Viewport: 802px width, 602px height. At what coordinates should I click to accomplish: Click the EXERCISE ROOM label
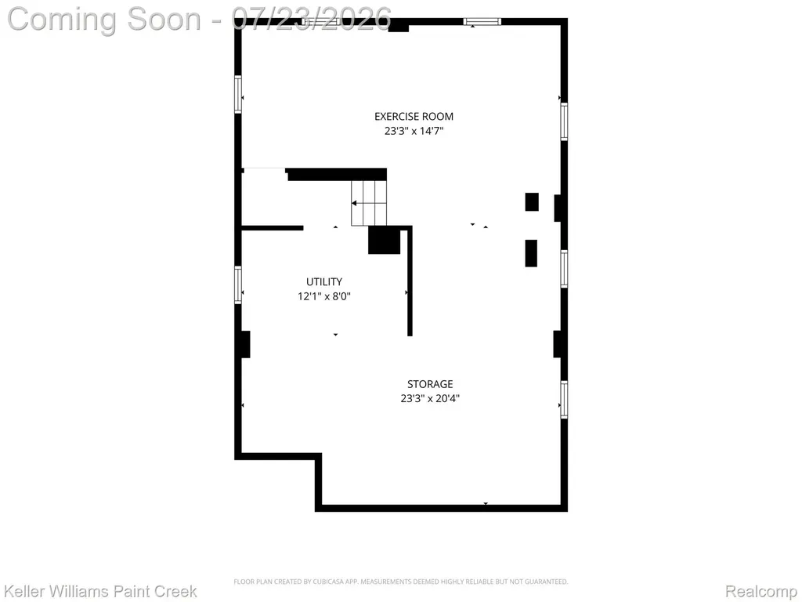414,117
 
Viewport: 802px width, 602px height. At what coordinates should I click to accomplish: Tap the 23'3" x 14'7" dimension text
414,131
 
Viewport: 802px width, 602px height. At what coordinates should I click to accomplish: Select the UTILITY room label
324,281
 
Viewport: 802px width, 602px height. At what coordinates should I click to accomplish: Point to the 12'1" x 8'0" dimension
324,296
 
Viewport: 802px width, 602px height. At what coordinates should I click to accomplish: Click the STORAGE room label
430,384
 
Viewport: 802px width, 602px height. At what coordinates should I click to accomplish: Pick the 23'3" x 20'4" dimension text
430,398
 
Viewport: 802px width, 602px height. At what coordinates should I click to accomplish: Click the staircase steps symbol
369,203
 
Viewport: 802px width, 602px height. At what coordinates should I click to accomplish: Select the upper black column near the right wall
532,201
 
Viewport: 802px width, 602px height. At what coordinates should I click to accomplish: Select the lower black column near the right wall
532,253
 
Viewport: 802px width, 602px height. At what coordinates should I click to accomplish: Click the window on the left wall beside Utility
238,285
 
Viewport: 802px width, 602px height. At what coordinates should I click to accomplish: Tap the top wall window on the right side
482,21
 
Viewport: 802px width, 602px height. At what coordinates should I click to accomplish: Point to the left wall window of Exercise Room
238,94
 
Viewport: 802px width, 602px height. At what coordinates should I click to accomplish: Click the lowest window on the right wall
564,400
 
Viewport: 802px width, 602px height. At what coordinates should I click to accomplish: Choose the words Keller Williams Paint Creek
100,591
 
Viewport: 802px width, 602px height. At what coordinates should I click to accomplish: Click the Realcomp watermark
761,591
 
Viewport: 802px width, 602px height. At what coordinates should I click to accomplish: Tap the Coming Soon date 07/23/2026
312,19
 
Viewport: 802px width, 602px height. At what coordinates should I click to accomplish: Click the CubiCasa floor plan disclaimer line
401,582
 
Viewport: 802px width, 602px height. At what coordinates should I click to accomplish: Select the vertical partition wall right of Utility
410,281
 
